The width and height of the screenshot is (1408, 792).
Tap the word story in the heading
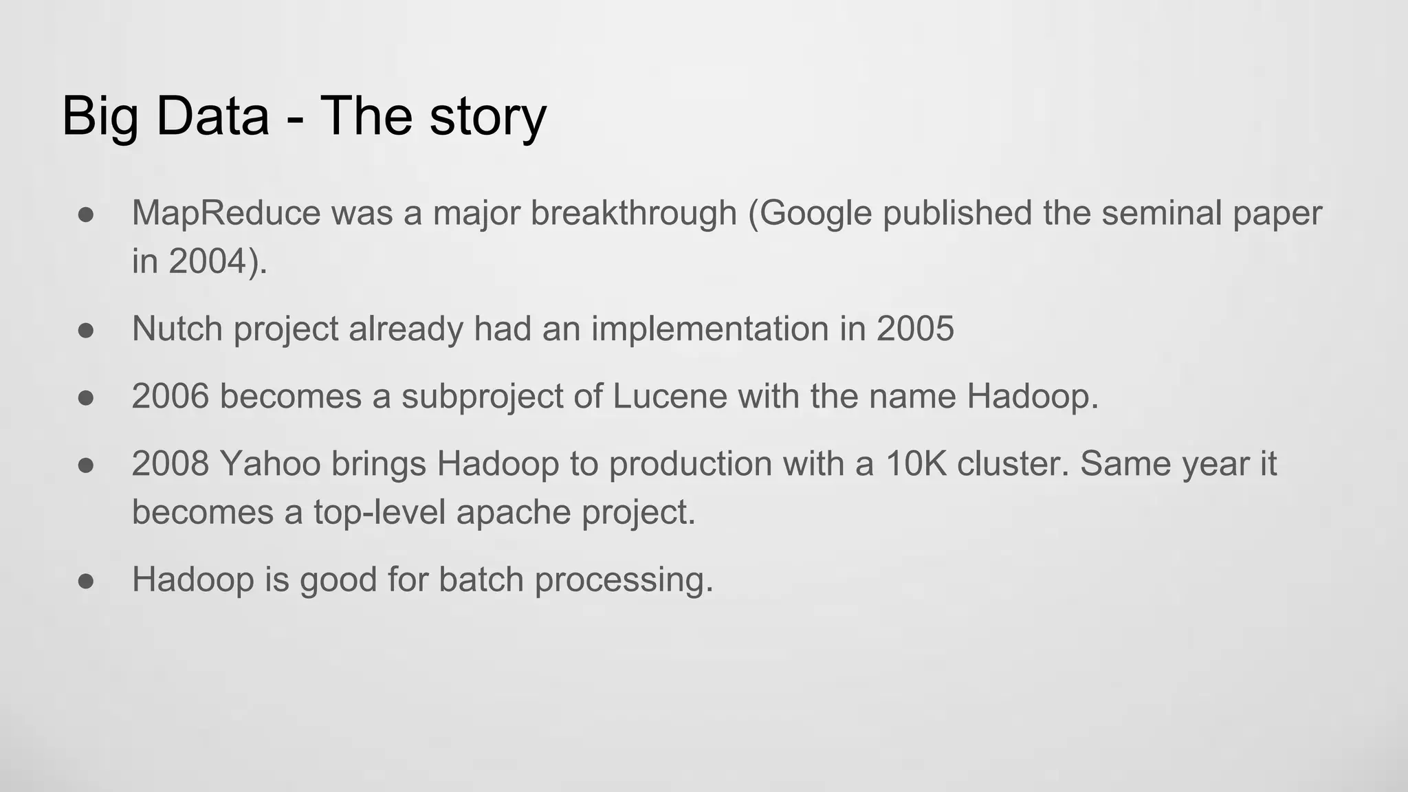pos(487,117)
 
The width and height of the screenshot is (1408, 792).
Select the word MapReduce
pos(226,213)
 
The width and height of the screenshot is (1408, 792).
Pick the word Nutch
pos(177,329)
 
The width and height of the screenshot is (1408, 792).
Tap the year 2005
pos(915,329)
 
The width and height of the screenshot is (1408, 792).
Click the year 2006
pos(170,397)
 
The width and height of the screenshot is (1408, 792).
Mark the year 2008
pos(170,464)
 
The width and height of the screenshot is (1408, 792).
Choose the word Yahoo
pos(270,464)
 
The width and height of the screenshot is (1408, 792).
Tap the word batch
pos(481,580)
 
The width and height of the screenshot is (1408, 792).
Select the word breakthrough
pos(633,213)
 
